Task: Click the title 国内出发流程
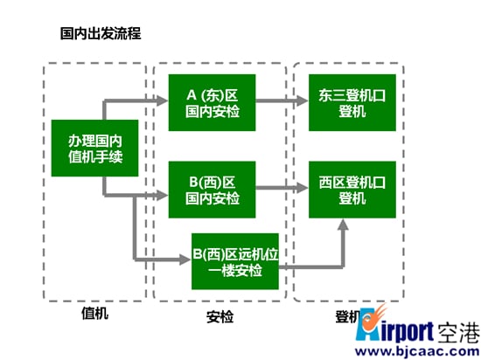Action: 101,33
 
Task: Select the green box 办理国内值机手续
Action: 94,148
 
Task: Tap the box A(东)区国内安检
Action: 212,102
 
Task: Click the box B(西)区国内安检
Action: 212,190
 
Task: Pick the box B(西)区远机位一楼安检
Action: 235,261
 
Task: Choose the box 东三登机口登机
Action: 352,102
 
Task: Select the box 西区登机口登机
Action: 352,190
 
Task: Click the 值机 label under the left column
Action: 94,313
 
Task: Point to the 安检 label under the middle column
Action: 220,317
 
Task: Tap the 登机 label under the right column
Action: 348,316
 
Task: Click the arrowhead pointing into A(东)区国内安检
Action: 163,100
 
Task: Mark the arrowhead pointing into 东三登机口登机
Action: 303,100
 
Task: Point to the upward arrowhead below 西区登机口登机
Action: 344,225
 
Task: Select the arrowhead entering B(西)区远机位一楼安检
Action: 185,260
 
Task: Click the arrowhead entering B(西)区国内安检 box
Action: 163,195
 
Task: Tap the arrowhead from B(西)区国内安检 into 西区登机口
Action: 303,188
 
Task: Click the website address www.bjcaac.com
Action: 417,351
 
